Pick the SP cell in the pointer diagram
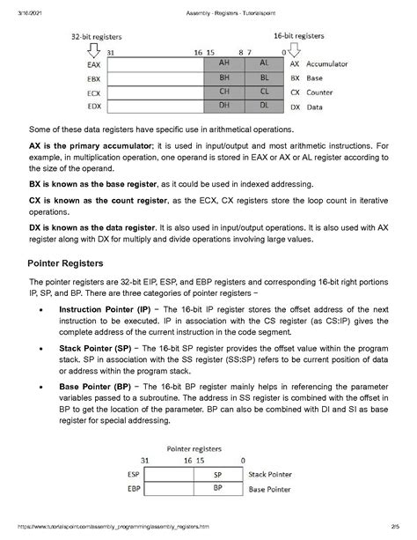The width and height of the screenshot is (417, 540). pos(217,473)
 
